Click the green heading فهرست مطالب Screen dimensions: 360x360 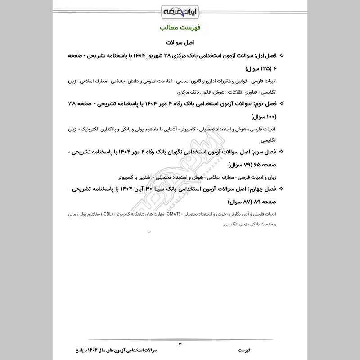click(x=180, y=28)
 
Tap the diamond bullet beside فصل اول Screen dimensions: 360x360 click(x=283, y=56)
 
